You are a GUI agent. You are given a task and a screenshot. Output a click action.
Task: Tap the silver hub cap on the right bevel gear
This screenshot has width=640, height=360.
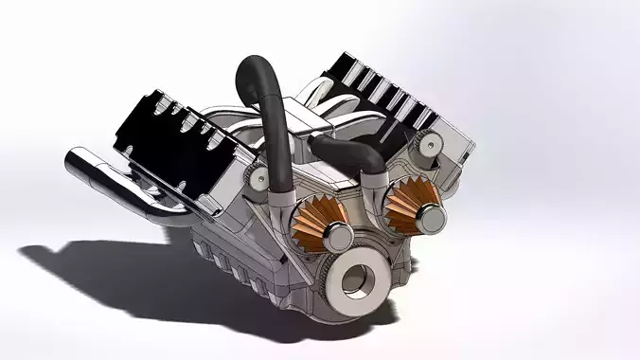coord(432,218)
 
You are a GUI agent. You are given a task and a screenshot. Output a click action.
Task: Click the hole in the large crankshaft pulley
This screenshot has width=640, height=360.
coord(358,279)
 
